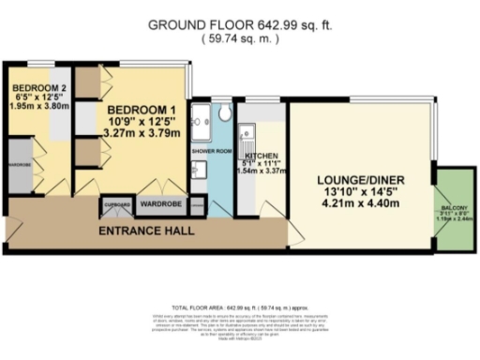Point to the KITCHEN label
[259, 157]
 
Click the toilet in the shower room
[225, 113]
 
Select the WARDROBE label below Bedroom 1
[161, 202]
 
